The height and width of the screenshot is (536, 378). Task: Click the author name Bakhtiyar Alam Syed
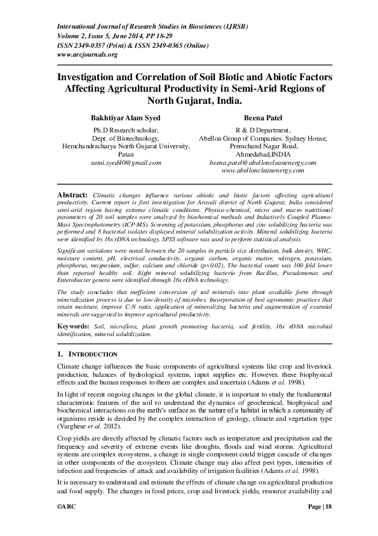click(x=125, y=118)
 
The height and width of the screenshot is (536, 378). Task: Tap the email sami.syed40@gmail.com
click(x=125, y=162)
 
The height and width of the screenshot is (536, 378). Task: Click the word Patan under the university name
click(x=125, y=154)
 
